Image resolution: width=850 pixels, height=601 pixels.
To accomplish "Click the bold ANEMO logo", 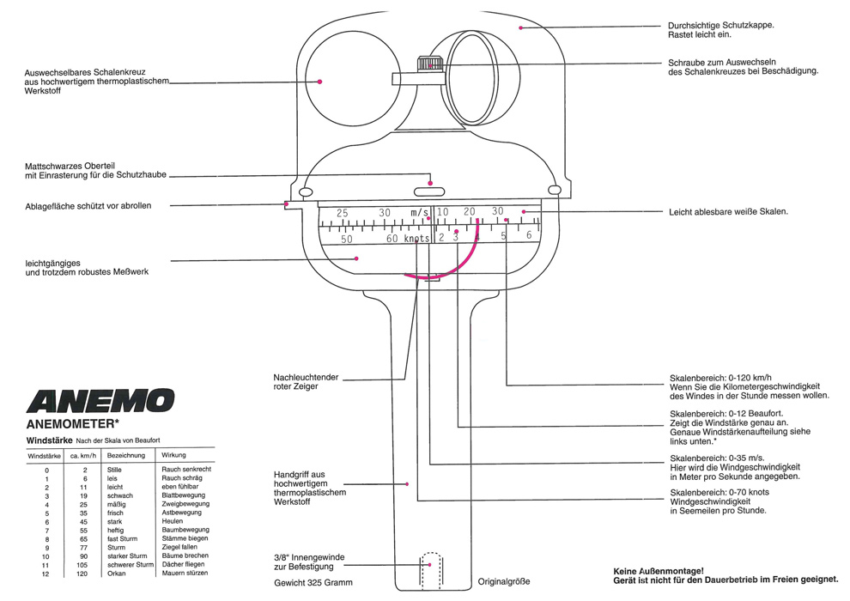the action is tap(100, 401).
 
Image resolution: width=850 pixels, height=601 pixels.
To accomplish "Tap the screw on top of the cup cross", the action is tap(430, 64).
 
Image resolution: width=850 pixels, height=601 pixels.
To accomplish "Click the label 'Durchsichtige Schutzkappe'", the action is tap(720, 26).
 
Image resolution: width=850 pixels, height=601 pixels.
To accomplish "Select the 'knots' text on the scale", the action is tap(416, 239).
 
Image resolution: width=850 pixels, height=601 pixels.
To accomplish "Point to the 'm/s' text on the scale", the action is tap(419, 212).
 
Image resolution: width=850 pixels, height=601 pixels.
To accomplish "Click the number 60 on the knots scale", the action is tap(392, 239).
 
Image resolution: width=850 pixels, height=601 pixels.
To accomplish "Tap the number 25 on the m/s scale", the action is tap(342, 213).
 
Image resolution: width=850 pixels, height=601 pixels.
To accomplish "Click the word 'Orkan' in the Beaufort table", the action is tap(116, 574).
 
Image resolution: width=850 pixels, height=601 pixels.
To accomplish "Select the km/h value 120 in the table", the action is tap(82, 574).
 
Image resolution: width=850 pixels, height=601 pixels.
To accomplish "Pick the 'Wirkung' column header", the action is tap(173, 455).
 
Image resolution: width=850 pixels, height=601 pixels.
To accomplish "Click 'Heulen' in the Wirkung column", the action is tap(173, 521).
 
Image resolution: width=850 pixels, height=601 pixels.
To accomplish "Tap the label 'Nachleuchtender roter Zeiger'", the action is tap(306, 381).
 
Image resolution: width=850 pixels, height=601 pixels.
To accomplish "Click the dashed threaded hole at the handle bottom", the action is tap(431, 571).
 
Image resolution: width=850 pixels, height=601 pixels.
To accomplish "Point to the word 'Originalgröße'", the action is tap(504, 582).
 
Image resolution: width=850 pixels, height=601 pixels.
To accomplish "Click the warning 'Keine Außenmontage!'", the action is tap(659, 571).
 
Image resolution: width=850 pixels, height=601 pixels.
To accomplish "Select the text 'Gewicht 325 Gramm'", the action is tap(313, 583).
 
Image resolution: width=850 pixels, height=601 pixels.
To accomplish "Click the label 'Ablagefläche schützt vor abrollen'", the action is tap(88, 206).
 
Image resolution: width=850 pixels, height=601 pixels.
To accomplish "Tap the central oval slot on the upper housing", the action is tap(428, 191).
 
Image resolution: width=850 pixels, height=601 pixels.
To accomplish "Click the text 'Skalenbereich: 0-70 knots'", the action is tap(719, 493).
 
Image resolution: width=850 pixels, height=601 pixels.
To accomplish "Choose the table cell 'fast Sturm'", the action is tap(122, 538).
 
